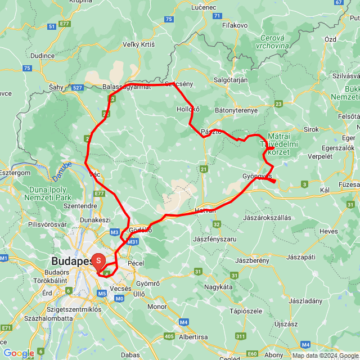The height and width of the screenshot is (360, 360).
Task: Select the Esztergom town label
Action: point(15,173)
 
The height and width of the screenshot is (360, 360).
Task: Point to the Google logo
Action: point(19,353)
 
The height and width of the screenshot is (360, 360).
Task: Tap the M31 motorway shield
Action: point(133,242)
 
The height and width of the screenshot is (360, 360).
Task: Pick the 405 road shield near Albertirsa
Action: point(169,336)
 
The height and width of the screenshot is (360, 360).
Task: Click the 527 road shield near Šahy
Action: point(78,87)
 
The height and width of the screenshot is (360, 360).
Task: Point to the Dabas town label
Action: point(130,355)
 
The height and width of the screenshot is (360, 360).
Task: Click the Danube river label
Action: point(62,171)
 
